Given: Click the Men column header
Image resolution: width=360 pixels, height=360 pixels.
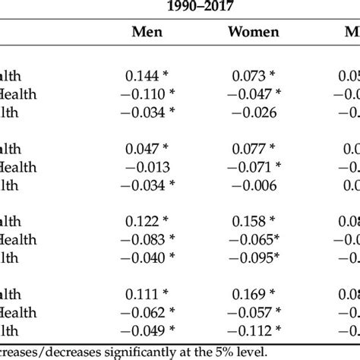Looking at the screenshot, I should point(147,33).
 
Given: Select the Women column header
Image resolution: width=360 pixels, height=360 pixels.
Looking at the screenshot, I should point(253,33).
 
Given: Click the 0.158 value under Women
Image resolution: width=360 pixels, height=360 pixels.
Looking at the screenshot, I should point(249,223).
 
